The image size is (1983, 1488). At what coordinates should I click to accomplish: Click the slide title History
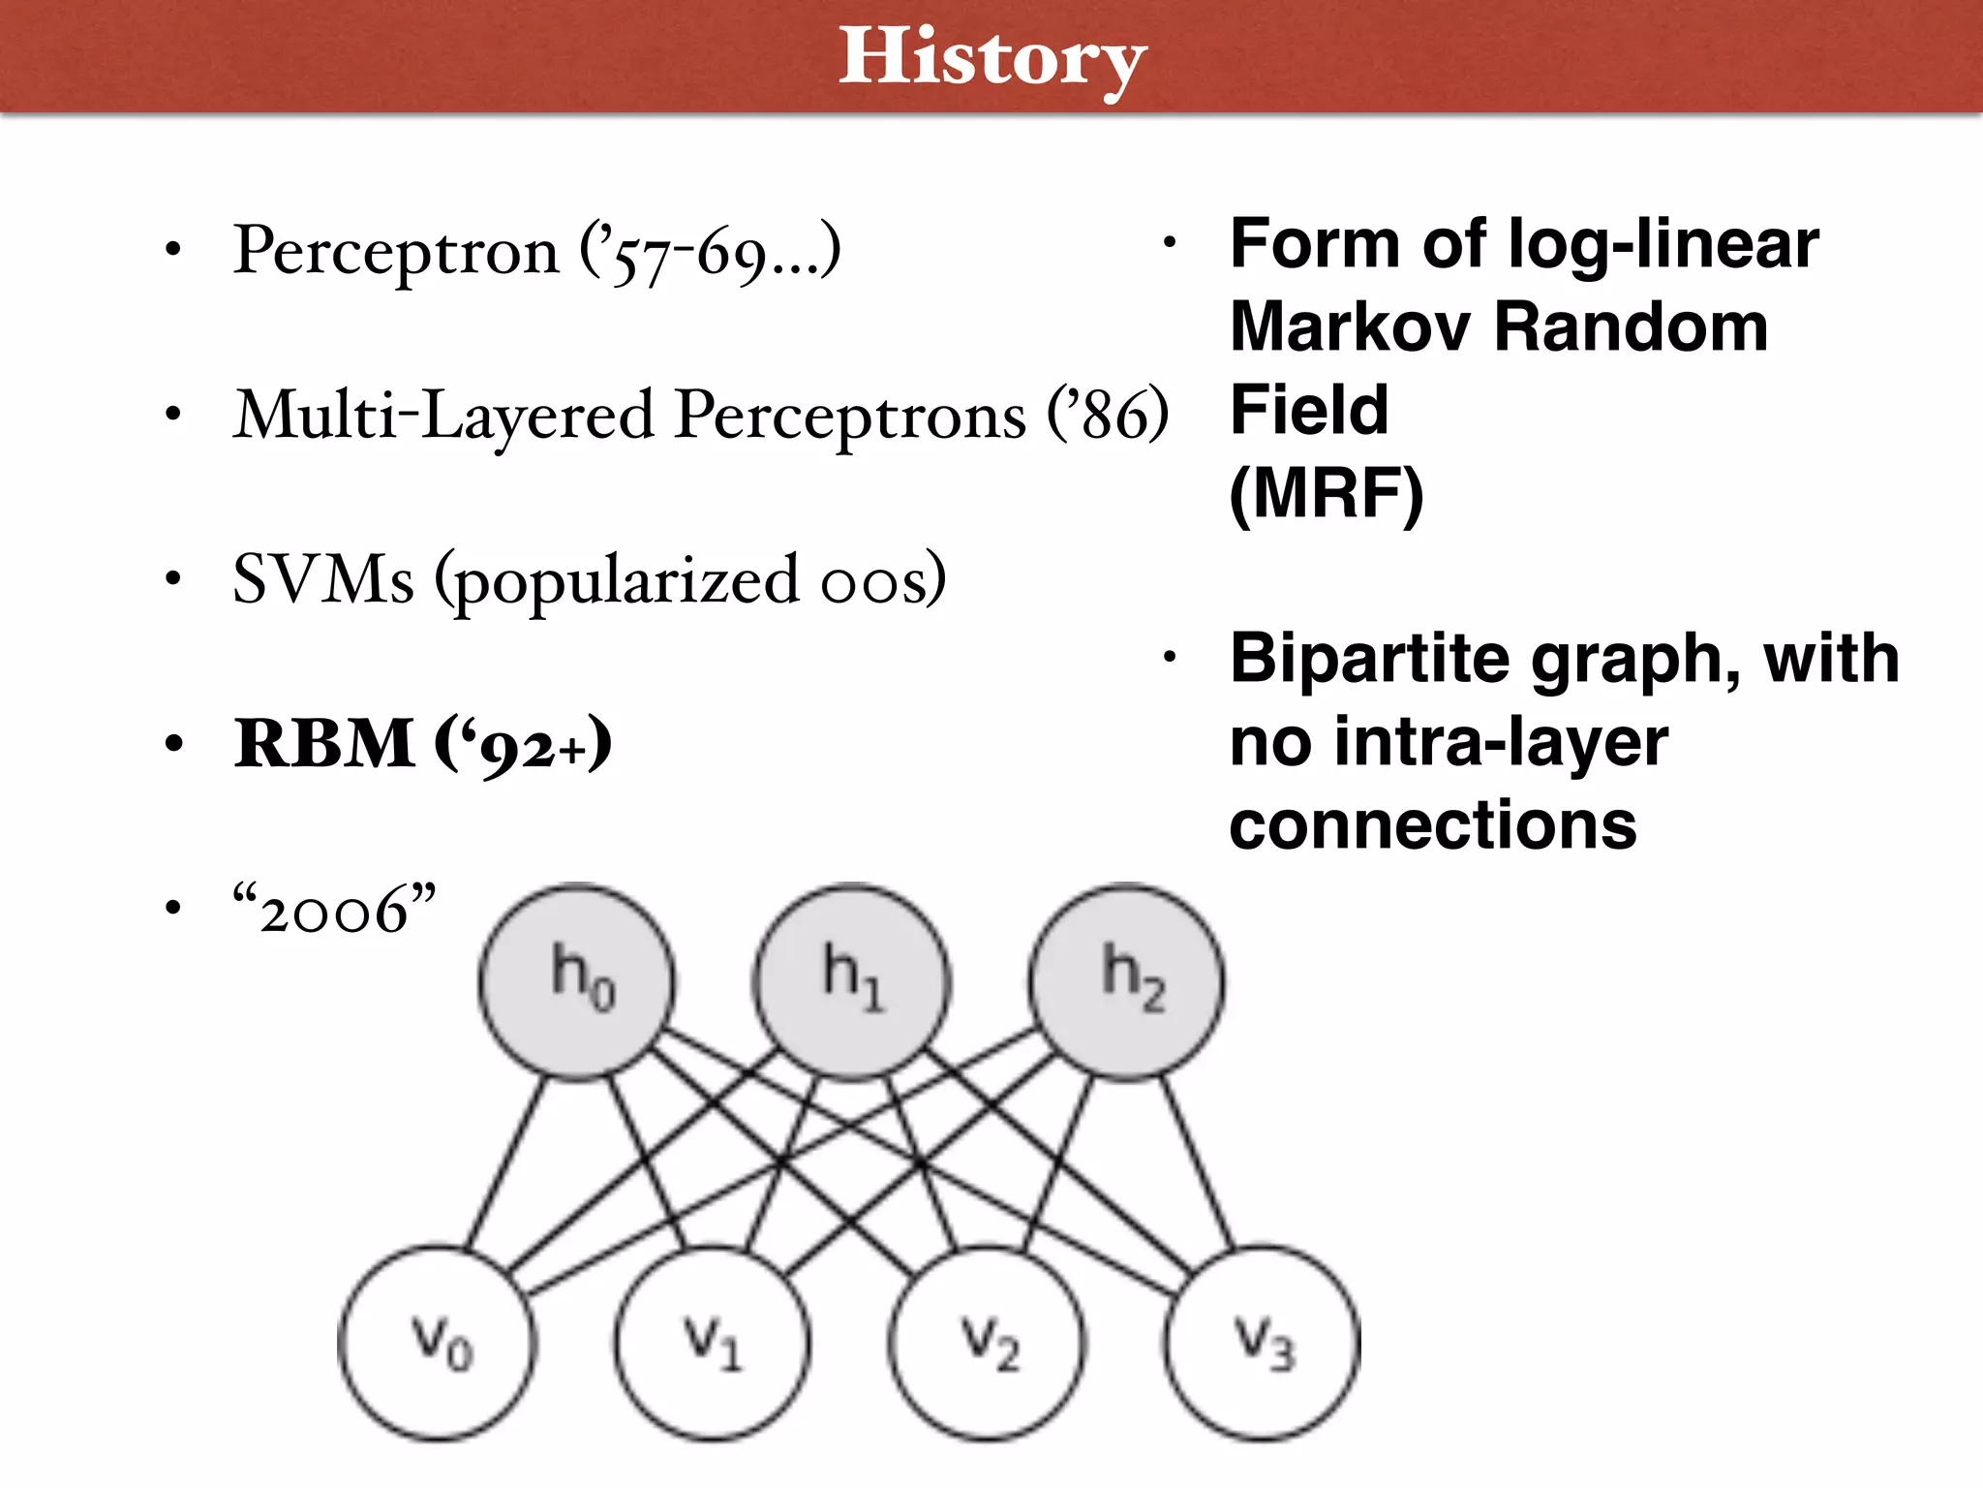point(991,58)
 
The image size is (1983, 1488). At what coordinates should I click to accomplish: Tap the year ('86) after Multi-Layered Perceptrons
point(1108,415)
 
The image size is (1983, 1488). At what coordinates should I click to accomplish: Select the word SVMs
point(323,579)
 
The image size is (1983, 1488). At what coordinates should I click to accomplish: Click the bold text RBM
point(324,744)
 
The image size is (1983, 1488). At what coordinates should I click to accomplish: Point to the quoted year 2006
point(334,911)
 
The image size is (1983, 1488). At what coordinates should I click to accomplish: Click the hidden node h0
point(577,980)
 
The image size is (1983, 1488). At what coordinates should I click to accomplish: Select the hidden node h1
point(852,980)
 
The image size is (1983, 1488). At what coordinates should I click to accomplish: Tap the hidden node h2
point(1127,980)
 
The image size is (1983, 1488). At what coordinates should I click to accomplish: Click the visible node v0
point(437,1344)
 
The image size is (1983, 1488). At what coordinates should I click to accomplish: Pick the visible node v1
point(713,1344)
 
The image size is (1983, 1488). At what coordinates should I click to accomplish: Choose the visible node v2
point(988,1344)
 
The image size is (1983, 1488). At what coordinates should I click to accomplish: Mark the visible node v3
point(1263,1344)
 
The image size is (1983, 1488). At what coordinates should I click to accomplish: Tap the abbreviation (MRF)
point(1327,494)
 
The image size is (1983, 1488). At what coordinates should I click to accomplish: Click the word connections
point(1433,825)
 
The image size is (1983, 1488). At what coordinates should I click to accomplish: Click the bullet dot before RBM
point(173,744)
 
